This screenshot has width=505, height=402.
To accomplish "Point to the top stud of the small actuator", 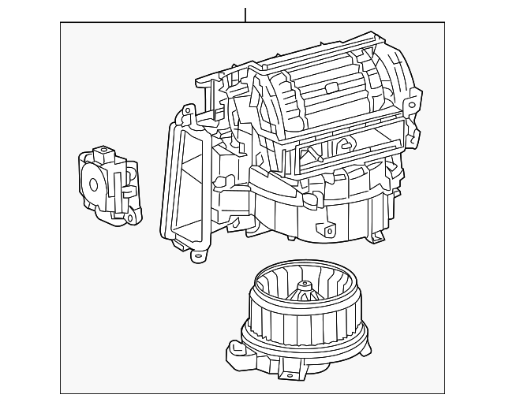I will pyautogui.click(x=100, y=151).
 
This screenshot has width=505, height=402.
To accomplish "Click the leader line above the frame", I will pyautogui.click(x=245, y=14).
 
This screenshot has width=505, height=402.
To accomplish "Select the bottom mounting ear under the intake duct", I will pyautogui.click(x=200, y=254).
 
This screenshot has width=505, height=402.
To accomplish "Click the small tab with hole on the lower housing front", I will pyautogui.click(x=323, y=229).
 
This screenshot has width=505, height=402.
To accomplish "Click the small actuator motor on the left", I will pyautogui.click(x=108, y=184).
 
